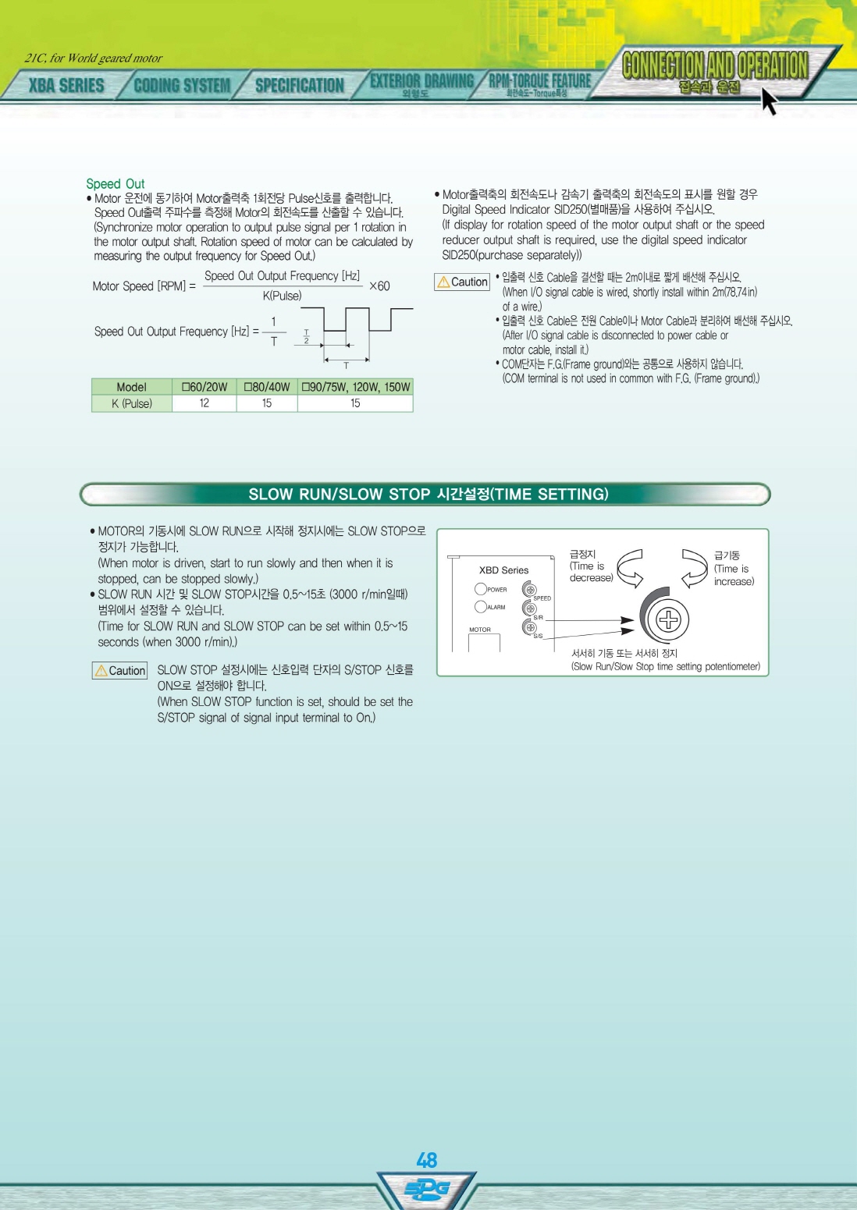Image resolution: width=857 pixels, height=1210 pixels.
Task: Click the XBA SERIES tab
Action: click(x=66, y=85)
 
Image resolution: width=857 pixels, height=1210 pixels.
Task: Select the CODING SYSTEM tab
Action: click(x=182, y=85)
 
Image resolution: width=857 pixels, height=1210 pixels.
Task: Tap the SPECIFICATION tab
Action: click(x=300, y=85)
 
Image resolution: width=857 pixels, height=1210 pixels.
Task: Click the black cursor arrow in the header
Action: click(x=770, y=101)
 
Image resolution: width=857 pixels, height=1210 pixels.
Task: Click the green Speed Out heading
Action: click(x=115, y=183)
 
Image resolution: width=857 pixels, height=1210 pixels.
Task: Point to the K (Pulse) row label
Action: click(x=131, y=403)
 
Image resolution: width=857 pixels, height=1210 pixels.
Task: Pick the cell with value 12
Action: click(x=204, y=403)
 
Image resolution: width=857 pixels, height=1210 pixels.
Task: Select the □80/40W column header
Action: click(x=267, y=387)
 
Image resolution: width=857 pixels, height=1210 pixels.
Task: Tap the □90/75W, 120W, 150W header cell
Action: click(x=356, y=387)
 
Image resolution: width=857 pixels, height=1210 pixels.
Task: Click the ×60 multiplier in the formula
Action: click(x=379, y=286)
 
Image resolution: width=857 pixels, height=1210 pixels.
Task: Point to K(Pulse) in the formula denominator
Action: click(x=282, y=296)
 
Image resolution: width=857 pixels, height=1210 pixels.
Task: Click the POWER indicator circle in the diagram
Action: click(x=480, y=588)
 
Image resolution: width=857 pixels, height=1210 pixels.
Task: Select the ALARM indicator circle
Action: click(x=480, y=607)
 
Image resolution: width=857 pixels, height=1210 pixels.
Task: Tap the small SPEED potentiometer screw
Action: click(x=529, y=589)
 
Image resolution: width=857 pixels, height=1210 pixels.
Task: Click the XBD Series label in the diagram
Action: click(x=503, y=570)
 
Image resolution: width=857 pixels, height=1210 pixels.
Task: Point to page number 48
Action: click(x=427, y=1160)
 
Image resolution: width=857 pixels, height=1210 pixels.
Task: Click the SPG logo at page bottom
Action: click(x=427, y=1189)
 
